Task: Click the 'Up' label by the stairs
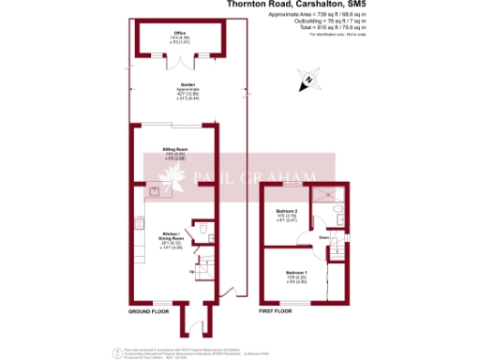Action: coord(193,271)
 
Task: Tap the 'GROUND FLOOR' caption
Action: coord(148,309)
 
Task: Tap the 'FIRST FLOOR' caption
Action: coord(275,309)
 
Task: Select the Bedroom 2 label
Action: coord(286,213)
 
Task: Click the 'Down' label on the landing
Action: coord(322,238)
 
